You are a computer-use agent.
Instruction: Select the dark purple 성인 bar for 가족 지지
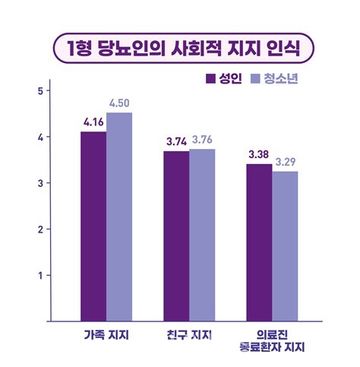(x=93, y=226)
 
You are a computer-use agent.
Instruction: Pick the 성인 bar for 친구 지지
(x=176, y=236)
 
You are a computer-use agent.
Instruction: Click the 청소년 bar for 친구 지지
(x=201, y=235)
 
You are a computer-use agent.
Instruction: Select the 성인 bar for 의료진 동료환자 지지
(x=259, y=242)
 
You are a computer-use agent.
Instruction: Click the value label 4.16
(x=94, y=122)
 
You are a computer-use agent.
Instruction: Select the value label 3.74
(x=176, y=141)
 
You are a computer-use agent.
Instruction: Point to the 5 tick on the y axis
(x=39, y=91)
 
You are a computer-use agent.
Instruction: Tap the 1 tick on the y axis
(x=39, y=275)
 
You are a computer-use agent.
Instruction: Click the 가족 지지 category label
(x=107, y=335)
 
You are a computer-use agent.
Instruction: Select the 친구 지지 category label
(x=189, y=335)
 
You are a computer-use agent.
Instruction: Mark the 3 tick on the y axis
(x=39, y=183)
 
